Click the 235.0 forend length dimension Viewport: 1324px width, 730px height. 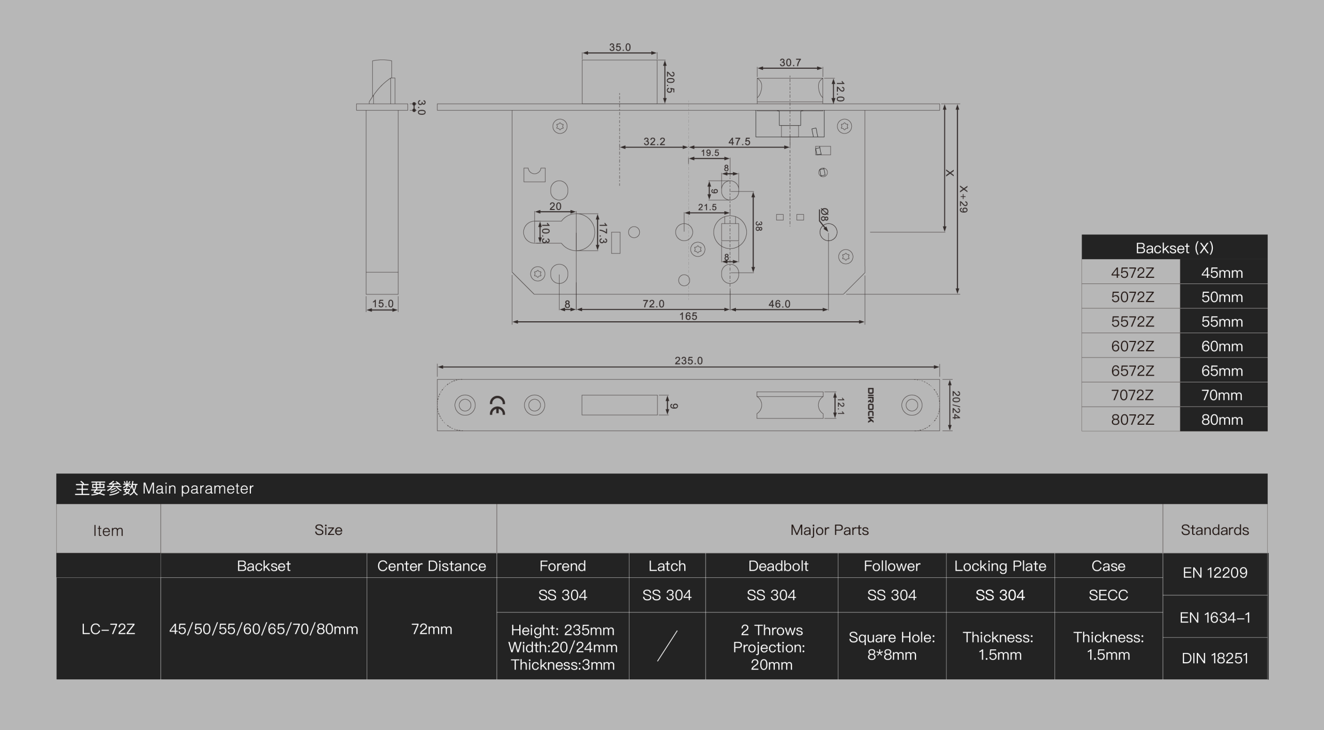[x=688, y=361]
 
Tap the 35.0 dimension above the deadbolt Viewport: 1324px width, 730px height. [x=620, y=47]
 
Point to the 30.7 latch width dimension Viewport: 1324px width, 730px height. [x=790, y=63]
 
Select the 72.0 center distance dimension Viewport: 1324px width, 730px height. [x=653, y=304]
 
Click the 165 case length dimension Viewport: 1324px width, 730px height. [x=688, y=316]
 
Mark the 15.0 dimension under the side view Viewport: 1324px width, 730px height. [x=383, y=304]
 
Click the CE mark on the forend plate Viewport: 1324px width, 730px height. [x=498, y=406]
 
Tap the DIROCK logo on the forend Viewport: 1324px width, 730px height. [x=870, y=405]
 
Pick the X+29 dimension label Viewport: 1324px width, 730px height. [x=963, y=199]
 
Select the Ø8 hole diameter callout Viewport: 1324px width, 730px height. [x=824, y=215]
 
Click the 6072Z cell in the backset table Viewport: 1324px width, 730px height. [x=1132, y=346]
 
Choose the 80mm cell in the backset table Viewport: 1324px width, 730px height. [x=1222, y=420]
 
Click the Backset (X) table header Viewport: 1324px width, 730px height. [x=1175, y=248]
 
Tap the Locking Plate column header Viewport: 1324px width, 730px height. [x=1000, y=566]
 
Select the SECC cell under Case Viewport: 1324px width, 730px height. [x=1108, y=595]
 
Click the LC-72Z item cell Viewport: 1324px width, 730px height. [x=108, y=629]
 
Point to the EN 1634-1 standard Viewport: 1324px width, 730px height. [x=1215, y=617]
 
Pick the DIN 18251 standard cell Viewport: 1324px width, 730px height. [x=1215, y=658]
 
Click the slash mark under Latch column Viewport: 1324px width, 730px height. [x=667, y=646]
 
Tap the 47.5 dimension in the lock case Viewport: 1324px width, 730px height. [x=739, y=141]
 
